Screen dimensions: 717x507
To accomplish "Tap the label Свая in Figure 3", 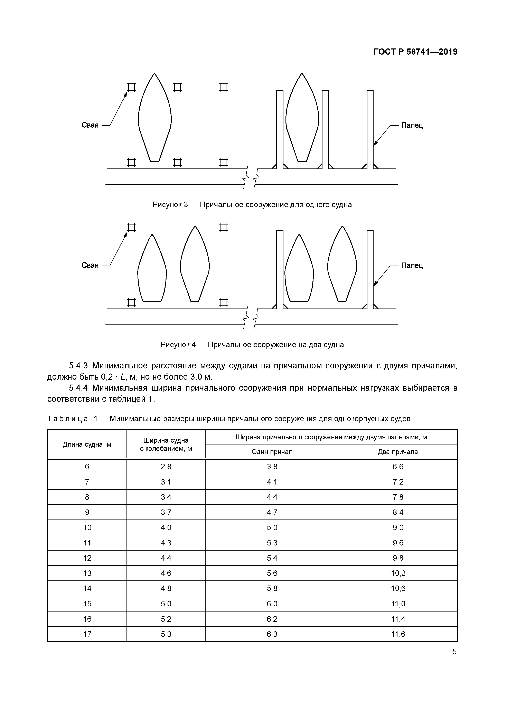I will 90,125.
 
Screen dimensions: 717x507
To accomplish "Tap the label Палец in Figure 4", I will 412,265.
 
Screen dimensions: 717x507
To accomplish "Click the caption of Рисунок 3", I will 252,205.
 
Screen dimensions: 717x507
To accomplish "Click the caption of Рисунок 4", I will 252,345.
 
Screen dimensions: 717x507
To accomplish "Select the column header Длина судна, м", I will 87,444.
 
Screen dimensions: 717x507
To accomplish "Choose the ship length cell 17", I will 87,634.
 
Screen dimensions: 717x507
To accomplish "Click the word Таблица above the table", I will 67,419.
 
